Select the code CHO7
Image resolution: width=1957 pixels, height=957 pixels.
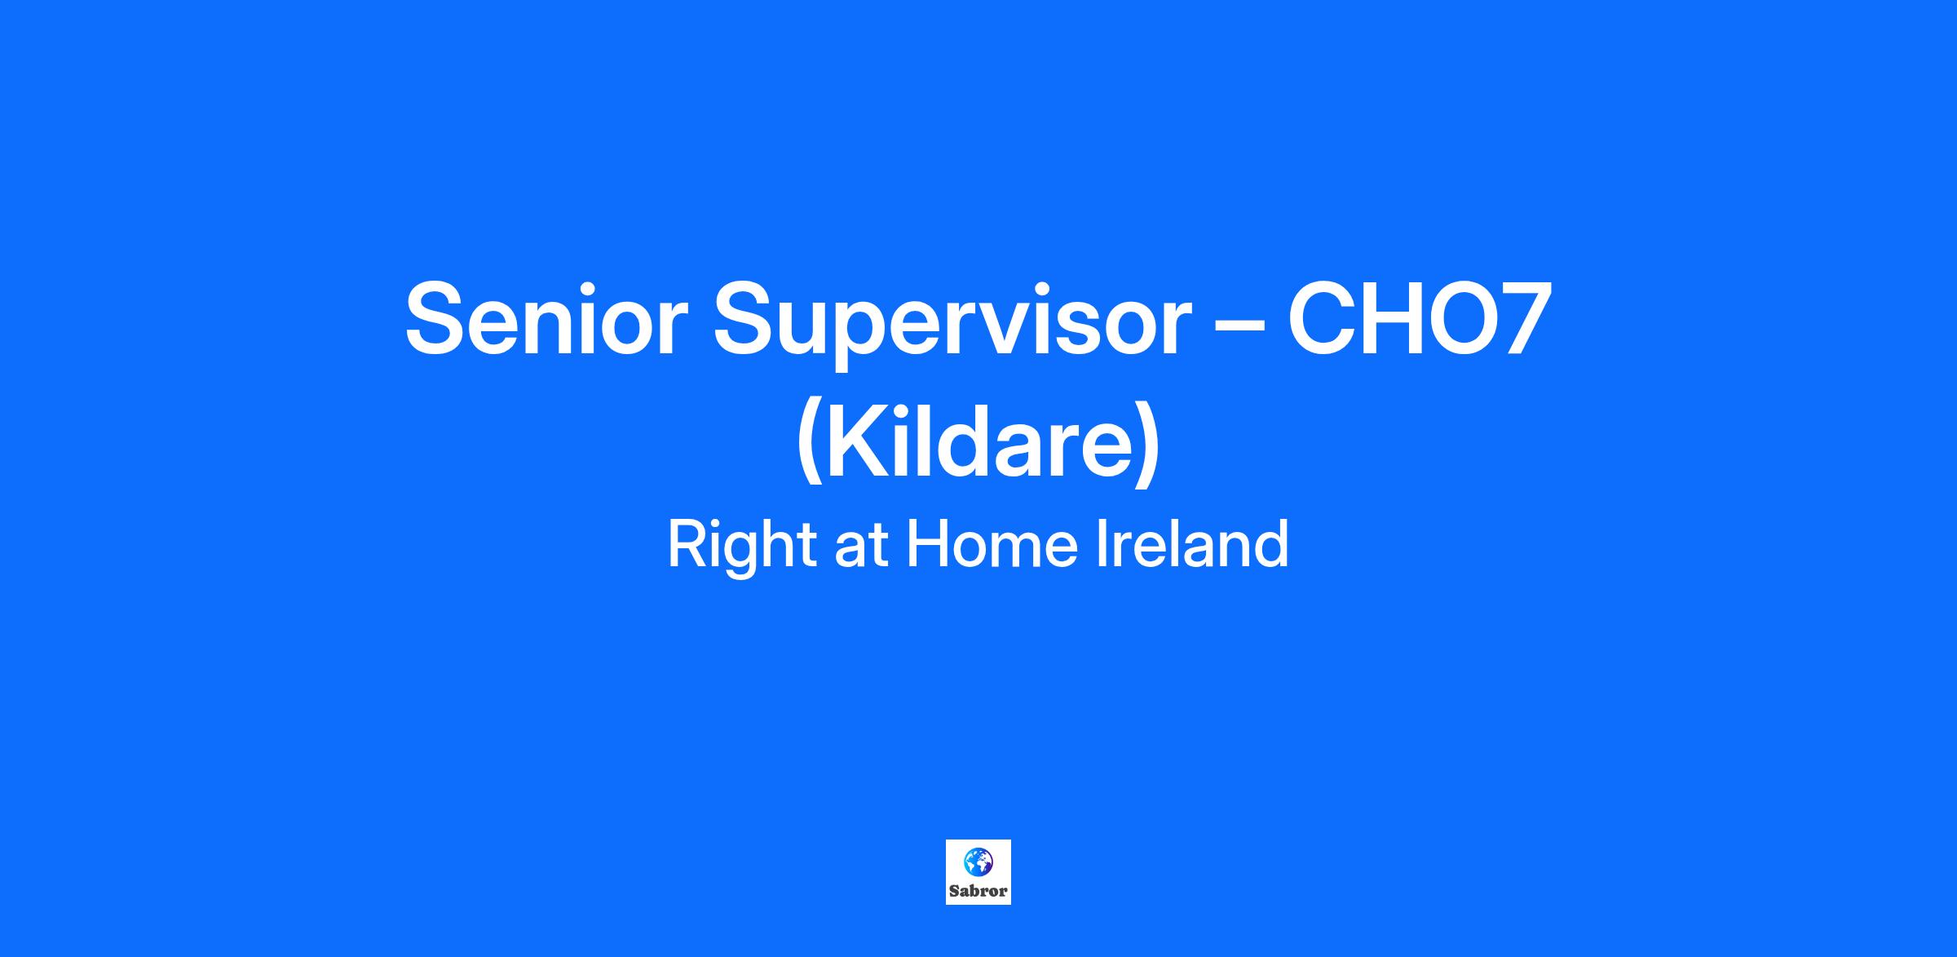point(1419,318)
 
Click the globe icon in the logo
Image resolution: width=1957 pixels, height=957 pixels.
point(978,861)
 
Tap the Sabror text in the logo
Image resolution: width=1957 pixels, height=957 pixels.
point(978,891)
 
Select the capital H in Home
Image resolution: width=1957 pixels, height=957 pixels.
point(930,545)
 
